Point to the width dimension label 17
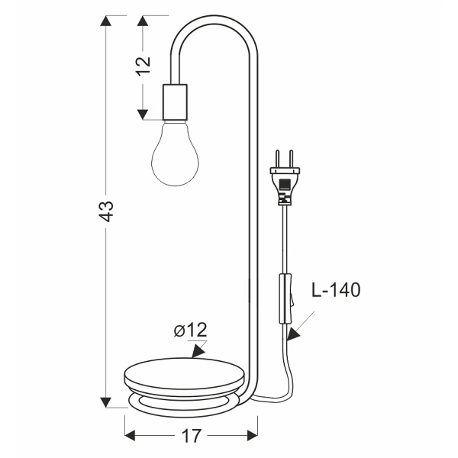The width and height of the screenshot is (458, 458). pos(192,436)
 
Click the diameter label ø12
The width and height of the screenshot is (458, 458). pos(191,331)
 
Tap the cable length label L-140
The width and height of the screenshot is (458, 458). pos(335,290)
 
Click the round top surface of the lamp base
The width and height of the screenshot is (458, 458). pos(186,373)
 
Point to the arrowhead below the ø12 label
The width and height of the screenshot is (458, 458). pos(198,350)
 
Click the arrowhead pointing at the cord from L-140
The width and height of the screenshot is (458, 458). pos(293,333)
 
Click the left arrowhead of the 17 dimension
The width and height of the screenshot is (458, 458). pos(131,436)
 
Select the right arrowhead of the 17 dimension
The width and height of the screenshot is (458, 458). pos(253,436)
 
